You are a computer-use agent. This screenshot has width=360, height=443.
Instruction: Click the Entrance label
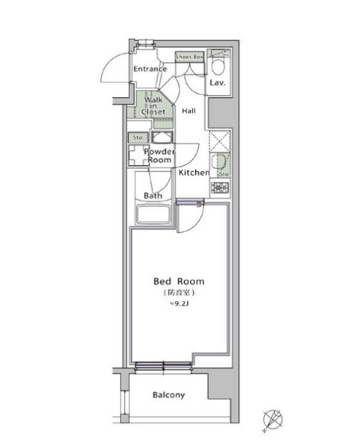[x=150, y=69]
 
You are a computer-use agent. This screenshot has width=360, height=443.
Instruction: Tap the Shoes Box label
[x=189, y=56]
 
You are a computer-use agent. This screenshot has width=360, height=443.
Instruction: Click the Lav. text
[x=218, y=83]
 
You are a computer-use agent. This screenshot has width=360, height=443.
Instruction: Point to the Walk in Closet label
[x=153, y=106]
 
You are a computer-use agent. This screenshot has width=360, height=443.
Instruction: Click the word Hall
[x=189, y=111]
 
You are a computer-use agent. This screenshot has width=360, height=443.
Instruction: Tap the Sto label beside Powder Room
[x=136, y=138]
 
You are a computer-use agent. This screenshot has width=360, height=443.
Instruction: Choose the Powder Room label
[x=159, y=156]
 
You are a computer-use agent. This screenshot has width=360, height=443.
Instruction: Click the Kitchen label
[x=193, y=173]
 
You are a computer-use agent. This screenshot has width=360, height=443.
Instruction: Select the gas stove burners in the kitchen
[x=220, y=188]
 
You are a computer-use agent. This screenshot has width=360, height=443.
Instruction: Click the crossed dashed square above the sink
[x=220, y=140]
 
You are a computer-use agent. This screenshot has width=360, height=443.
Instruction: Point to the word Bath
[x=152, y=196]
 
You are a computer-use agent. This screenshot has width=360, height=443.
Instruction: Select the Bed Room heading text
[x=179, y=281]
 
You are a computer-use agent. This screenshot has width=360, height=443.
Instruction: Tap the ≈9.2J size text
[x=179, y=305]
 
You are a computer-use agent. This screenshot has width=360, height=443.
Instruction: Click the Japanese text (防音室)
[x=179, y=293]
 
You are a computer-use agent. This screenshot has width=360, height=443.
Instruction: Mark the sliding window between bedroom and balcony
[x=163, y=366]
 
